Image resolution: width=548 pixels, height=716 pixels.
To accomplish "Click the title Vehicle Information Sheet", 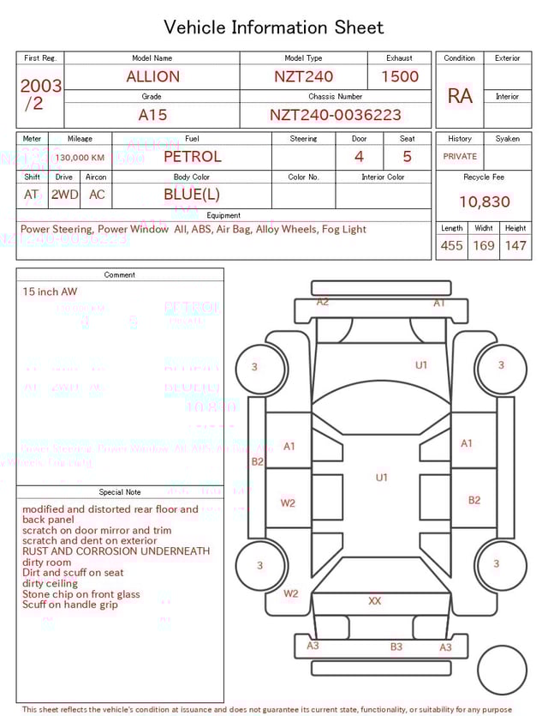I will click(x=274, y=27).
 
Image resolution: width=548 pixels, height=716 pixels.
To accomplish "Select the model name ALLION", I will click(x=152, y=76).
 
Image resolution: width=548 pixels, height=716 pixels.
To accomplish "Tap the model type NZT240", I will click(x=304, y=76).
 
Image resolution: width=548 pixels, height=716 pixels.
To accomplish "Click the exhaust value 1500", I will click(x=400, y=76).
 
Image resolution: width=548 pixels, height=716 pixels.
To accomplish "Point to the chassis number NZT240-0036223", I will click(x=335, y=115).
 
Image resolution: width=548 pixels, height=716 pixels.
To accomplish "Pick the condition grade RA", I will click(x=460, y=96).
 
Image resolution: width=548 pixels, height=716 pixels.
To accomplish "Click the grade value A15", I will click(x=152, y=115).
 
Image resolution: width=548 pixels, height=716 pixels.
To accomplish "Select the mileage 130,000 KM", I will click(x=80, y=158).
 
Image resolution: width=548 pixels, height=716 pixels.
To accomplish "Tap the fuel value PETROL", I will click(x=192, y=157).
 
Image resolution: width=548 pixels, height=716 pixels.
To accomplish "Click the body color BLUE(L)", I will click(x=192, y=195).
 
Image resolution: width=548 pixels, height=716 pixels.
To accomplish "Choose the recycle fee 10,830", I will click(x=484, y=202).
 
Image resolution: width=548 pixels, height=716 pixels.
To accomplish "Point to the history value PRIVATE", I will click(x=460, y=157).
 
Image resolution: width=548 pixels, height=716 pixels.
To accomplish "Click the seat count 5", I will click(x=407, y=157).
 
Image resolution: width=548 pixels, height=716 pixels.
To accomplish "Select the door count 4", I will click(x=359, y=157).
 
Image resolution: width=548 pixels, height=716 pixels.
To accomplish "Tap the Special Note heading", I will click(x=120, y=492).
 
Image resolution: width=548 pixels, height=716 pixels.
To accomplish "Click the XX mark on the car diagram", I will click(x=374, y=601).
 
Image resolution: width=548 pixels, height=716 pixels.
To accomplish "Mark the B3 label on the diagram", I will click(x=396, y=647).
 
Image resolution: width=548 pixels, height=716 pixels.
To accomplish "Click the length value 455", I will click(x=451, y=246).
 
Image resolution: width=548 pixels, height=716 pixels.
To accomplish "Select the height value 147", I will click(x=515, y=246).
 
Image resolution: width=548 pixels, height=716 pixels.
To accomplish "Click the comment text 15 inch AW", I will click(x=50, y=292).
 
